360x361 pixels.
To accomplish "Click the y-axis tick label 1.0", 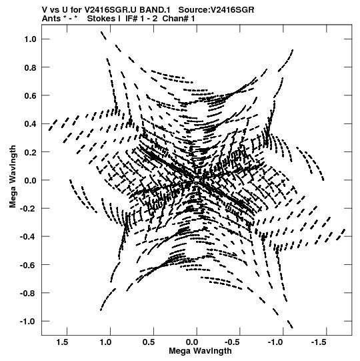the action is pos(31,39).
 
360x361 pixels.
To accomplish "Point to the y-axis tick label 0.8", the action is pos(31,67).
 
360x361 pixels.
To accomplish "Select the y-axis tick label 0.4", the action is pos(31,124).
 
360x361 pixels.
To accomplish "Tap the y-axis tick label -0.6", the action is pos(28,265).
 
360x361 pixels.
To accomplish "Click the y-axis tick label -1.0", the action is pos(28,322).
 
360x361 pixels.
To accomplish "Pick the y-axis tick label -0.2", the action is pos(28,209).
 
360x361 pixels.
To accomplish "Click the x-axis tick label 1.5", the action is pos(62,342).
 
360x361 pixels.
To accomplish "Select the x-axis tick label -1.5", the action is pos(319,342).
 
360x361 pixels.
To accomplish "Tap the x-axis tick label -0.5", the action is pos(232,342).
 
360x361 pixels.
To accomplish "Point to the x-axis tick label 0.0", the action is pos(192,342).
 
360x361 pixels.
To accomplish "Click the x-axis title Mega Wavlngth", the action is pos(200,351).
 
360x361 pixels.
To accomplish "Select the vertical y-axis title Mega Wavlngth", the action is pos(13,177).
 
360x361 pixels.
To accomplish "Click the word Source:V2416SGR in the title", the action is pos(216,10).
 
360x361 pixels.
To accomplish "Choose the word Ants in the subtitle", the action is pos(51,19).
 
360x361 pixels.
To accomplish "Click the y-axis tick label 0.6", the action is pos(31,95).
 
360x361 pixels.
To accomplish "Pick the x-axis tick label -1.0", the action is pos(275,342).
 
